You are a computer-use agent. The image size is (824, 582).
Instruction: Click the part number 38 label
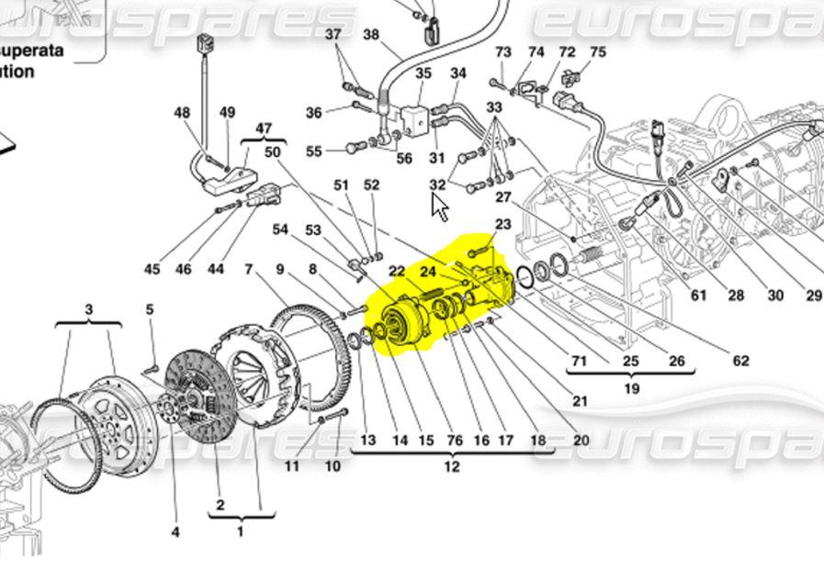(371, 36)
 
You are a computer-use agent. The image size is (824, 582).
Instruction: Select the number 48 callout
(182, 114)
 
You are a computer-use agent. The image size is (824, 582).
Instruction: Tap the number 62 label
(740, 361)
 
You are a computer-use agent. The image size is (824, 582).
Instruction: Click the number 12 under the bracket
(452, 467)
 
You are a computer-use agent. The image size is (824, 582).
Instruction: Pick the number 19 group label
(631, 388)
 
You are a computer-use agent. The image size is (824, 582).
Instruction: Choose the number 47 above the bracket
(264, 129)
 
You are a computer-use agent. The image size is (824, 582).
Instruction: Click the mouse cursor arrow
(439, 207)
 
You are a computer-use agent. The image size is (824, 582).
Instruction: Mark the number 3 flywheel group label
(89, 309)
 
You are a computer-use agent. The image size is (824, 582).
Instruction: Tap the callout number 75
(598, 52)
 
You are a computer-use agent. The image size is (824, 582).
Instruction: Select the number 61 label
(699, 295)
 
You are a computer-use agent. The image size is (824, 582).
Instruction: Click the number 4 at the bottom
(175, 532)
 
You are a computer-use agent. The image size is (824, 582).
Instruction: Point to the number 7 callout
(249, 269)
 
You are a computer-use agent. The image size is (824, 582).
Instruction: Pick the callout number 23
(502, 224)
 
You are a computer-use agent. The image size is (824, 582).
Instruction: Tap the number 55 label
(314, 151)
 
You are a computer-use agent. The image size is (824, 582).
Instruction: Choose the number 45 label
(152, 269)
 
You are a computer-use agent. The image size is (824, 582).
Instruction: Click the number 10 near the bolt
(333, 466)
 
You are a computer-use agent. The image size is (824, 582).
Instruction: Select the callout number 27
(502, 196)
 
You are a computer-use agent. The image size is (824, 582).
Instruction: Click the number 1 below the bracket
(241, 532)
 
